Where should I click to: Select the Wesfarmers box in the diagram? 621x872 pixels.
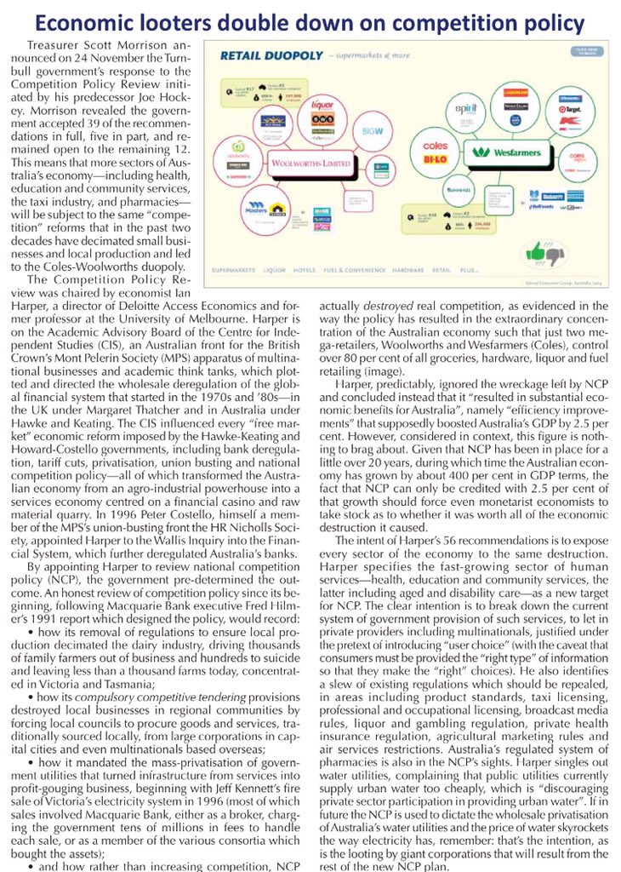tap(487, 152)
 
